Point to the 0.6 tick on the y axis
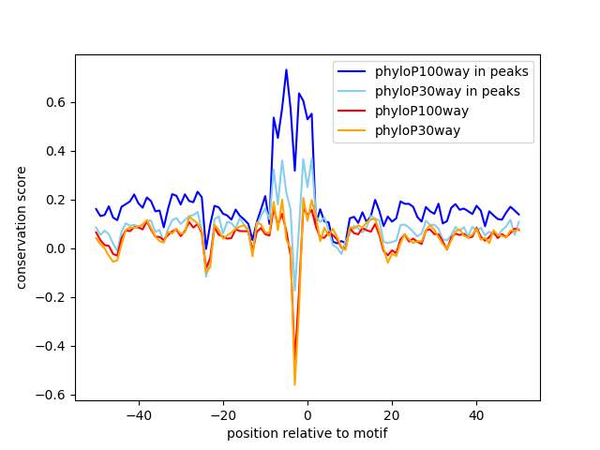(x=57, y=102)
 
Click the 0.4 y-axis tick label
(x=57, y=151)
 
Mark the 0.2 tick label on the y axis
(x=57, y=200)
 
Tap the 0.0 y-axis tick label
(x=57, y=248)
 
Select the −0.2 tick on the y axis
(x=53, y=297)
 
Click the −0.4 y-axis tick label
(x=53, y=346)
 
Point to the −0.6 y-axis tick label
(x=53, y=395)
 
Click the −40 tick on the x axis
(x=138, y=414)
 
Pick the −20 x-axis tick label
(x=222, y=414)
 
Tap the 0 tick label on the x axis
(x=307, y=414)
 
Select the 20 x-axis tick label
(x=392, y=414)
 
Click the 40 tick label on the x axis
(x=476, y=414)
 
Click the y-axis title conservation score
(x=21, y=227)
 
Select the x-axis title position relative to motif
(x=307, y=433)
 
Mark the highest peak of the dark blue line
(x=286, y=69)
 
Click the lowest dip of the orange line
(x=294, y=384)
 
